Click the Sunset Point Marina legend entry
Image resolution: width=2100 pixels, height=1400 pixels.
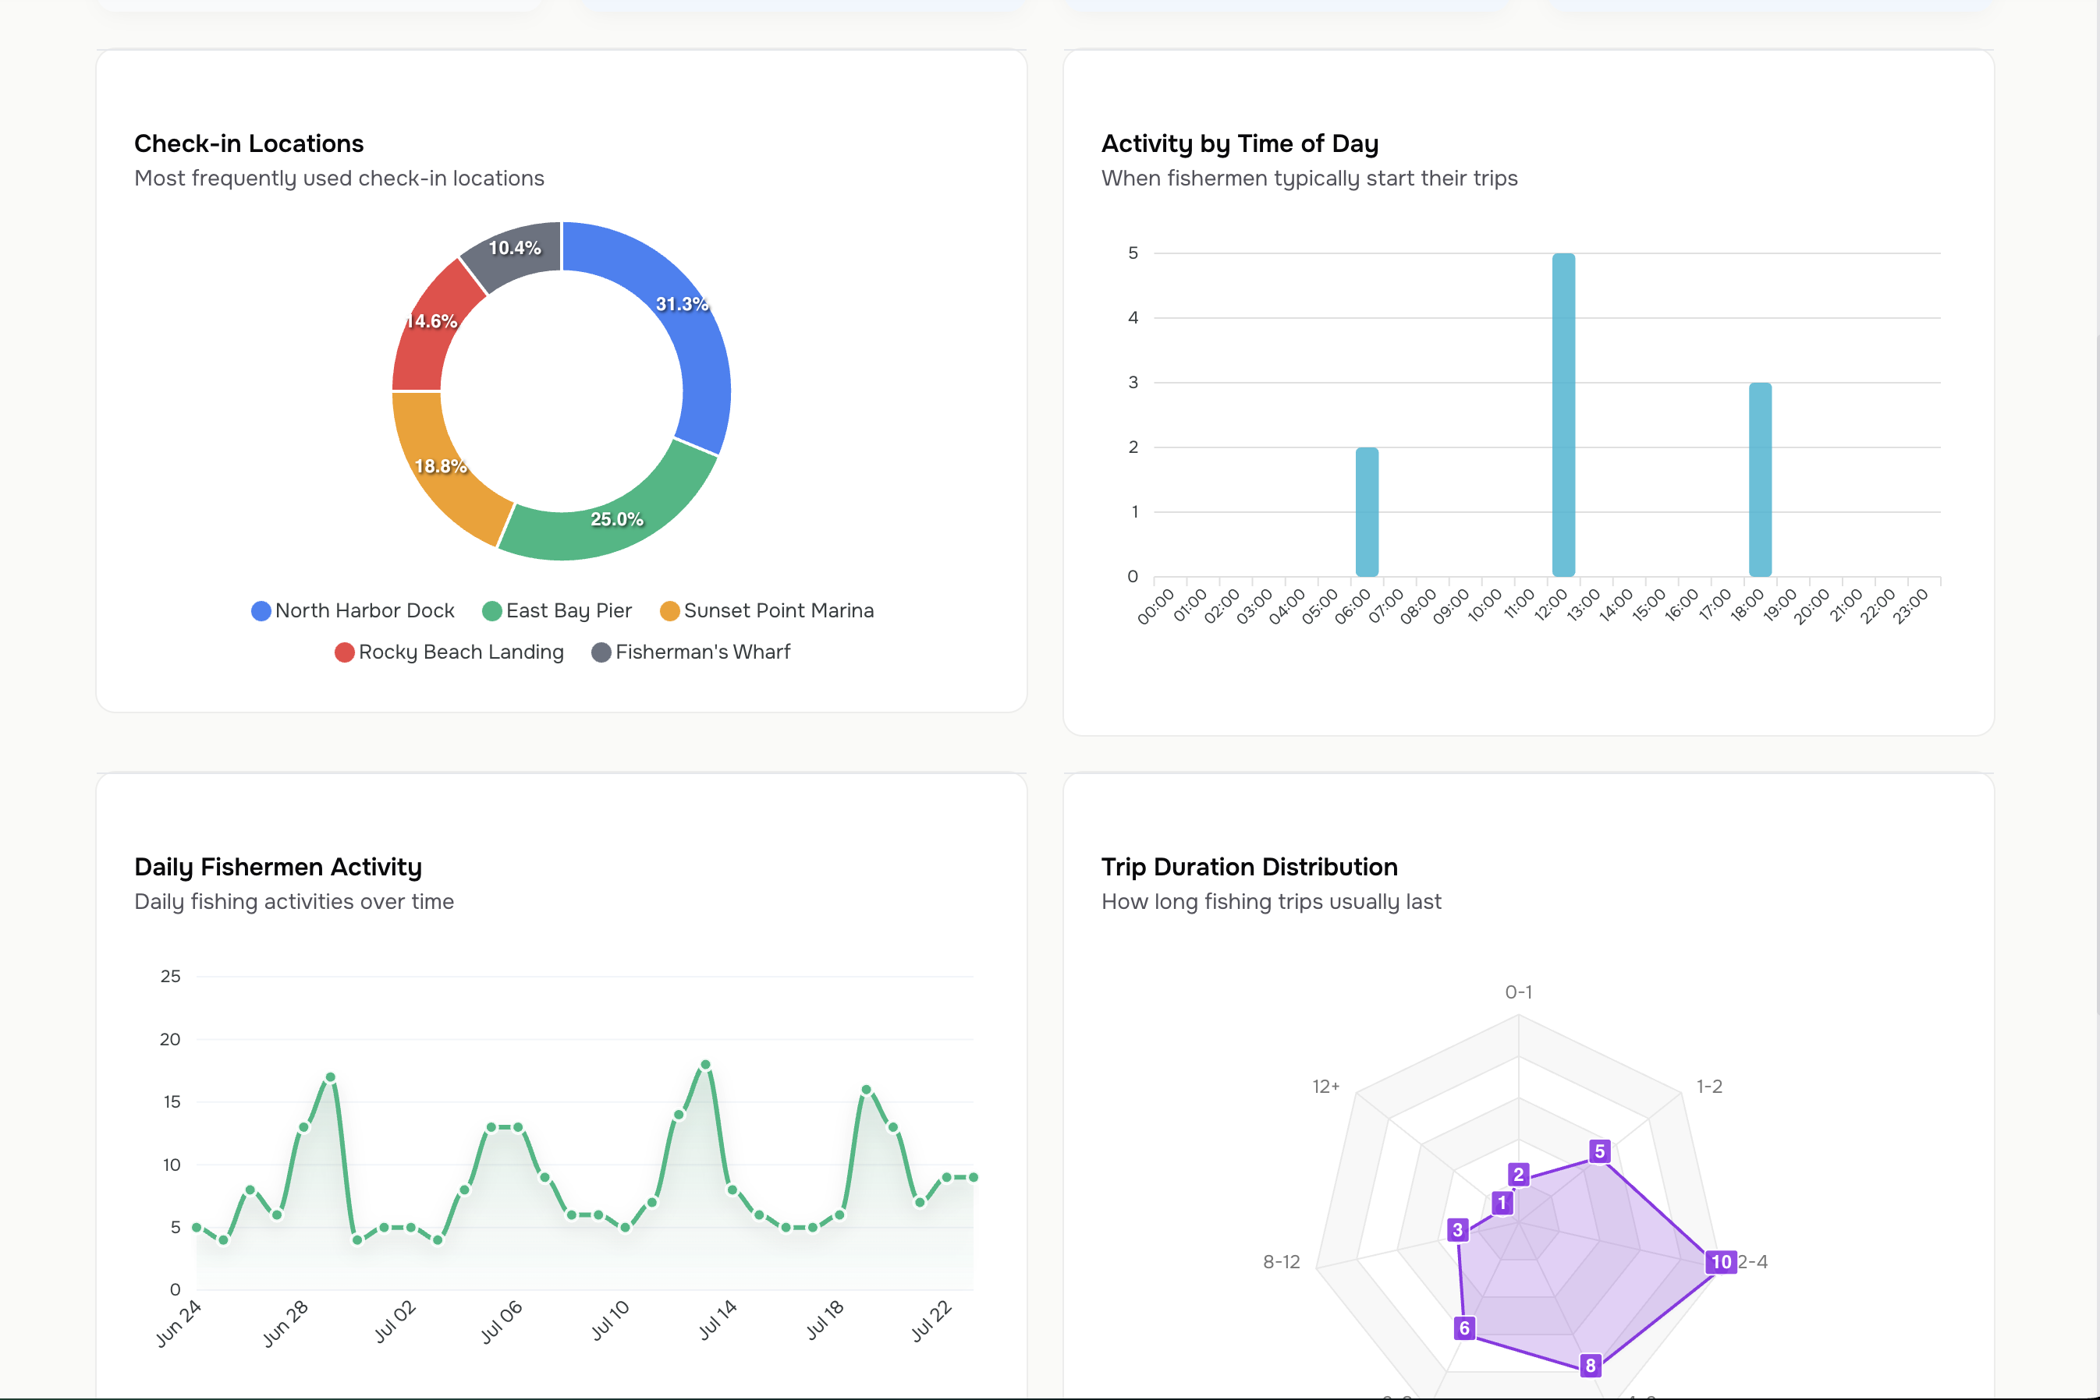click(x=768, y=610)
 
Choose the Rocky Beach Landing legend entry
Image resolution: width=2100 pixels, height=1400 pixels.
click(x=449, y=652)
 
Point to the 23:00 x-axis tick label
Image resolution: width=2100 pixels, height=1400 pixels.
click(x=1910, y=606)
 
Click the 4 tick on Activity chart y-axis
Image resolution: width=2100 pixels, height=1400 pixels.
click(x=1133, y=318)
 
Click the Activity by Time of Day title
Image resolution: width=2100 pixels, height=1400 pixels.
click(x=1239, y=143)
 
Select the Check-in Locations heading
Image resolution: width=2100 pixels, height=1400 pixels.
click(x=248, y=143)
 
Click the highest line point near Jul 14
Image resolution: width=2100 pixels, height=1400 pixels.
click(x=706, y=1065)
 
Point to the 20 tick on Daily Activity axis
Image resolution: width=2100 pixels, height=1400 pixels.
click(x=170, y=1039)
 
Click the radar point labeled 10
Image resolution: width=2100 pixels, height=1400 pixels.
click(x=1720, y=1261)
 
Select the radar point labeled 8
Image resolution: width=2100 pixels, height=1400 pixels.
click(x=1590, y=1365)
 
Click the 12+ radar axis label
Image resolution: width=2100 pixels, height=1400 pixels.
click(x=1325, y=1087)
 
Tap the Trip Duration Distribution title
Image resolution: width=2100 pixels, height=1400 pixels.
click(x=1249, y=867)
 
